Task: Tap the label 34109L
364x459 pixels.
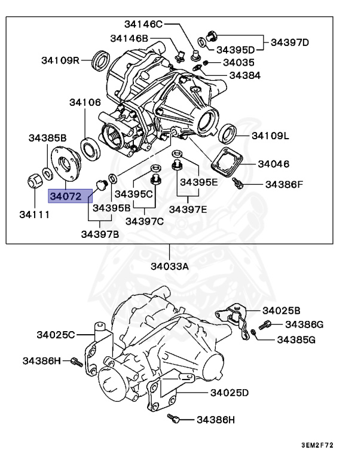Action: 270,136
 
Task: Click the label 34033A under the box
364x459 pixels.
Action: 169,267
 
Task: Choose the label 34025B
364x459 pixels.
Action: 282,310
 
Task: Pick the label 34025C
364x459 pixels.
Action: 56,335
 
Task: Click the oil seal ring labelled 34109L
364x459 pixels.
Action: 227,133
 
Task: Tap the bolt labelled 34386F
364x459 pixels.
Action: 238,182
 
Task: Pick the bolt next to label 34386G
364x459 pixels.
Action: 267,324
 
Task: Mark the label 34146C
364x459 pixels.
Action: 143,24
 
